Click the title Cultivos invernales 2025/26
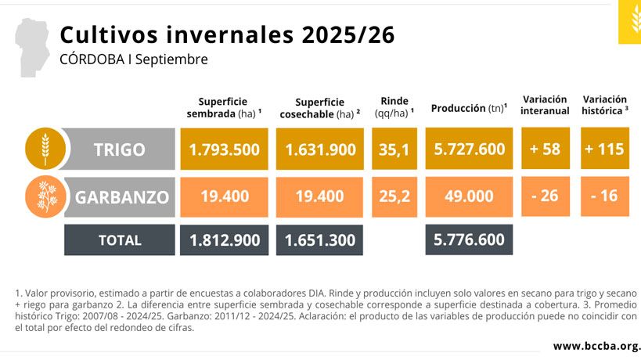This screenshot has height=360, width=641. coord(227,35)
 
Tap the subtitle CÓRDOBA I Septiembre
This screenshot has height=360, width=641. coord(134,59)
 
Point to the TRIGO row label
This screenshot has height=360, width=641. coord(119,149)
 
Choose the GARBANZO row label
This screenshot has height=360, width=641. coord(122,196)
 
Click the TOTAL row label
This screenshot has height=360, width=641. coord(120,240)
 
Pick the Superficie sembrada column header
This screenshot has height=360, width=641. coord(223,107)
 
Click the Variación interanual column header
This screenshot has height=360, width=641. coord(545,105)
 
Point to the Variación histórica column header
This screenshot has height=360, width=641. coord(605,105)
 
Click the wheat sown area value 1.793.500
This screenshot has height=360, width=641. coord(224,149)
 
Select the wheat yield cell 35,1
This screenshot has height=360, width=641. coord(394,149)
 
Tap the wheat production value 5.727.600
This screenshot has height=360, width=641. coord(469,149)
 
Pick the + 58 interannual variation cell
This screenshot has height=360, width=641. coord(545,149)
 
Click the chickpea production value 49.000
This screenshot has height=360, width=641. coord(469,196)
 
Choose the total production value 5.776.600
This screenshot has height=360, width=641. coord(469,239)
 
